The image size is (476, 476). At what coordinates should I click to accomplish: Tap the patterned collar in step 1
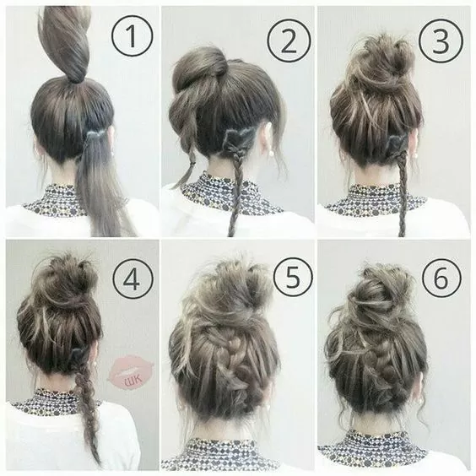click(51, 203)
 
